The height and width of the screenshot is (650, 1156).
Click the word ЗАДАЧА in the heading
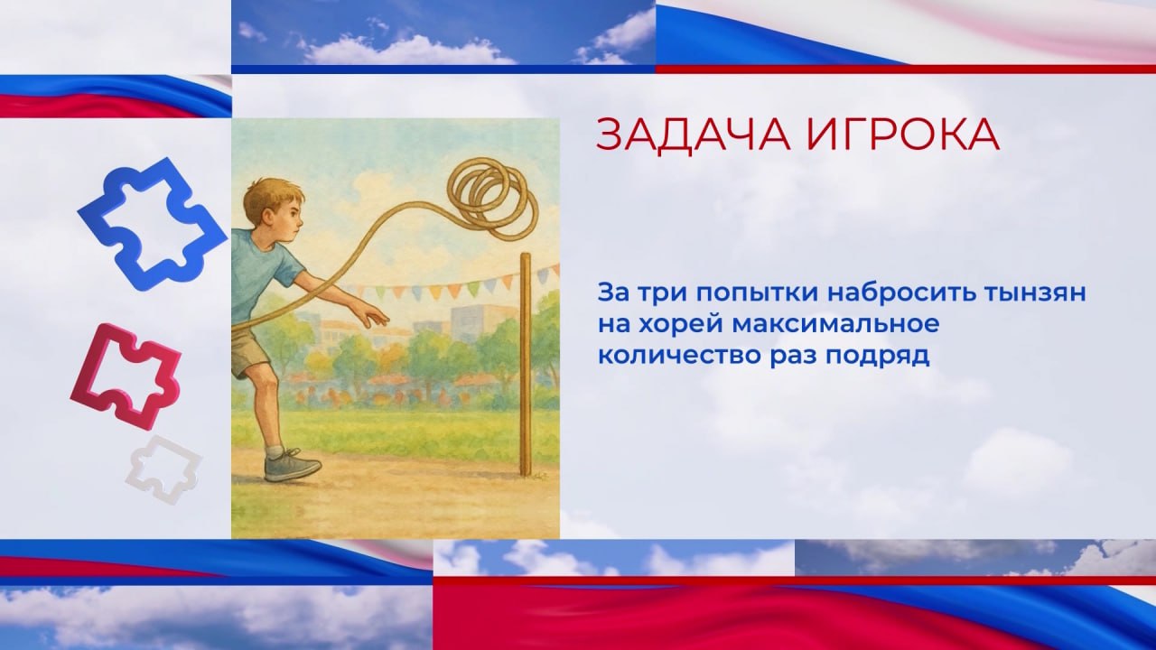[693, 135]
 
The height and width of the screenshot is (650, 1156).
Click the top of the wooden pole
[526, 255]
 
